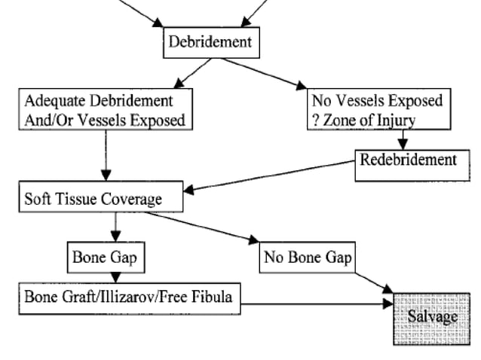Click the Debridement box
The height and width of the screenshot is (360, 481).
coord(212,42)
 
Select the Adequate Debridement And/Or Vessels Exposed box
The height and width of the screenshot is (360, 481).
coord(104,110)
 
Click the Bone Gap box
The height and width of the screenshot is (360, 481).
coord(104,256)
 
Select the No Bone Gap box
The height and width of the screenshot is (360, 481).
coord(308,257)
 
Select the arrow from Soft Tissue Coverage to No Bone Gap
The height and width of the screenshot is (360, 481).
coord(204,227)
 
